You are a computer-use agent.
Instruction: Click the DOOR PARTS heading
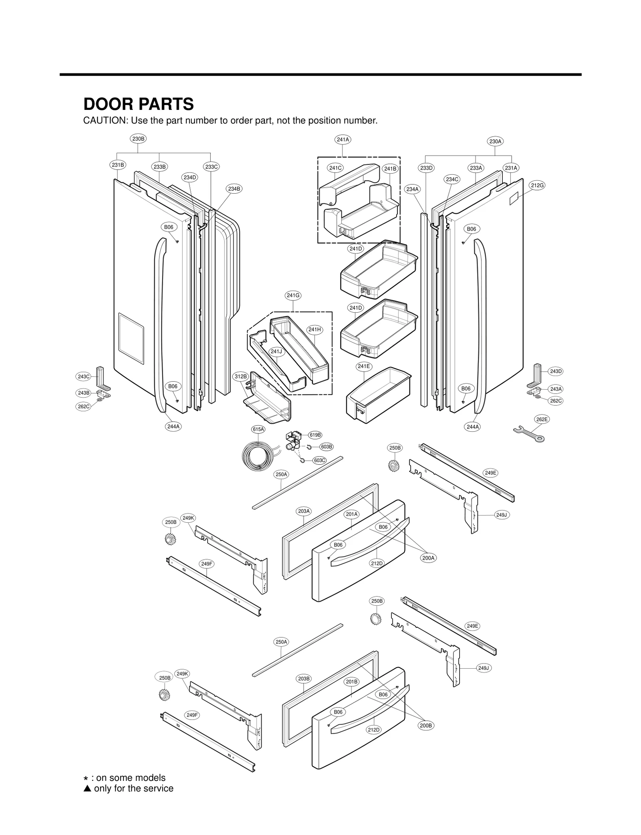138,104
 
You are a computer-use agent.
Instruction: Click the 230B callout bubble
138,139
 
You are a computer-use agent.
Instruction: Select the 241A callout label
343,140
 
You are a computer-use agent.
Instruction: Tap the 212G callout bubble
537,185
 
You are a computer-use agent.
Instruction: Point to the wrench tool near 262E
528,434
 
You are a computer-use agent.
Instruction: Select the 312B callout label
241,376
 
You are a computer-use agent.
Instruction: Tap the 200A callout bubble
428,558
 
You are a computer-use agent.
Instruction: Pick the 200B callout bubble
426,726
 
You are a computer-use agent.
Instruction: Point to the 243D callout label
556,371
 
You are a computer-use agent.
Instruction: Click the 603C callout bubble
319,460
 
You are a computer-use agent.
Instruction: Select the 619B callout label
315,435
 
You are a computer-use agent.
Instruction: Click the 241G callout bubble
293,295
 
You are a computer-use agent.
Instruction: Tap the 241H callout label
314,330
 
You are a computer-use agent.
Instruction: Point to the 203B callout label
304,679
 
